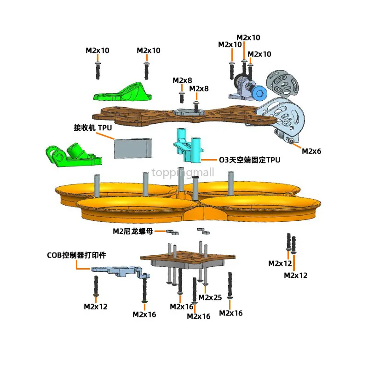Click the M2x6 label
[x=311, y=150]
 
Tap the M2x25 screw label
[x=210, y=297]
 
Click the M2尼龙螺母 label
[x=133, y=231]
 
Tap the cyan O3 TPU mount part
[x=189, y=146]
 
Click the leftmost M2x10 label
[x=98, y=50]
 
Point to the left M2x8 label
[x=182, y=80]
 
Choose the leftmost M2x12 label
[x=95, y=306]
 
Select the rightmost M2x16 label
[x=230, y=313]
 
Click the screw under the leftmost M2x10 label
[x=98, y=70]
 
